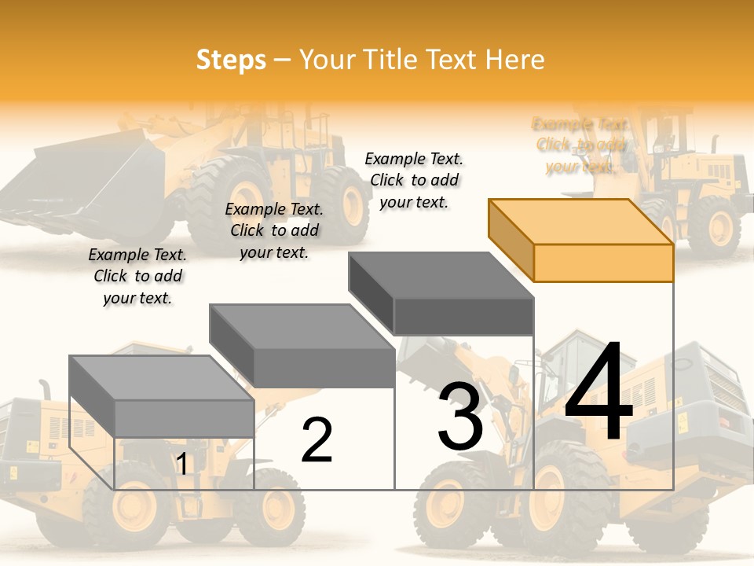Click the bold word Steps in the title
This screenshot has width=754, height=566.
[231, 61]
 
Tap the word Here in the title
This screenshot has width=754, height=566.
[514, 61]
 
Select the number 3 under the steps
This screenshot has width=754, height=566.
[460, 417]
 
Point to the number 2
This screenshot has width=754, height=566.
[317, 440]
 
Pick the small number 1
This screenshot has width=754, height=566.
[182, 465]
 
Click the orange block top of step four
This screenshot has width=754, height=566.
[581, 240]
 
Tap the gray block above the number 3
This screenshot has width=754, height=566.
[441, 293]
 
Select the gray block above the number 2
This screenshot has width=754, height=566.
[302, 345]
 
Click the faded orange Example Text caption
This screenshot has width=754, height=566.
[581, 145]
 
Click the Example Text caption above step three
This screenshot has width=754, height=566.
[415, 180]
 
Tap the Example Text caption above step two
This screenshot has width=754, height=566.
[274, 230]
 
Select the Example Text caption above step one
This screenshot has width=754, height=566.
[137, 276]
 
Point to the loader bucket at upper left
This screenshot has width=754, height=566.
[86, 181]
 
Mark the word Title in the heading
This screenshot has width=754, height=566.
[393, 61]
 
